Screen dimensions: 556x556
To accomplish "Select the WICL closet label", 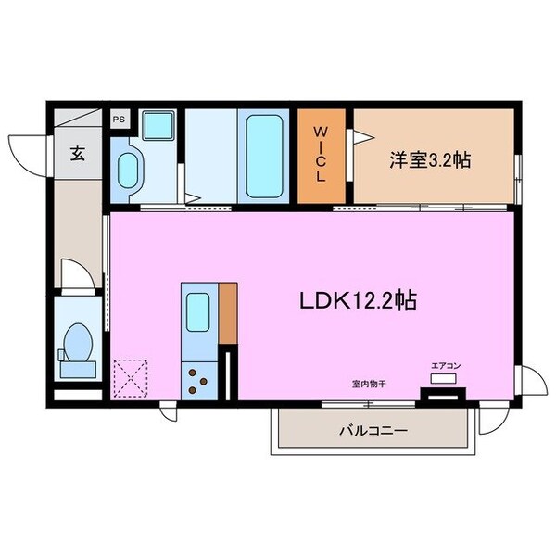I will coord(321,154).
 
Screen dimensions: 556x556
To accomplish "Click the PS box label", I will coord(119,120).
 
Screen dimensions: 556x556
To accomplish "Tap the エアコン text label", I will coord(445,366).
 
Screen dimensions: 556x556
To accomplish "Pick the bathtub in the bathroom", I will coord(264,153).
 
